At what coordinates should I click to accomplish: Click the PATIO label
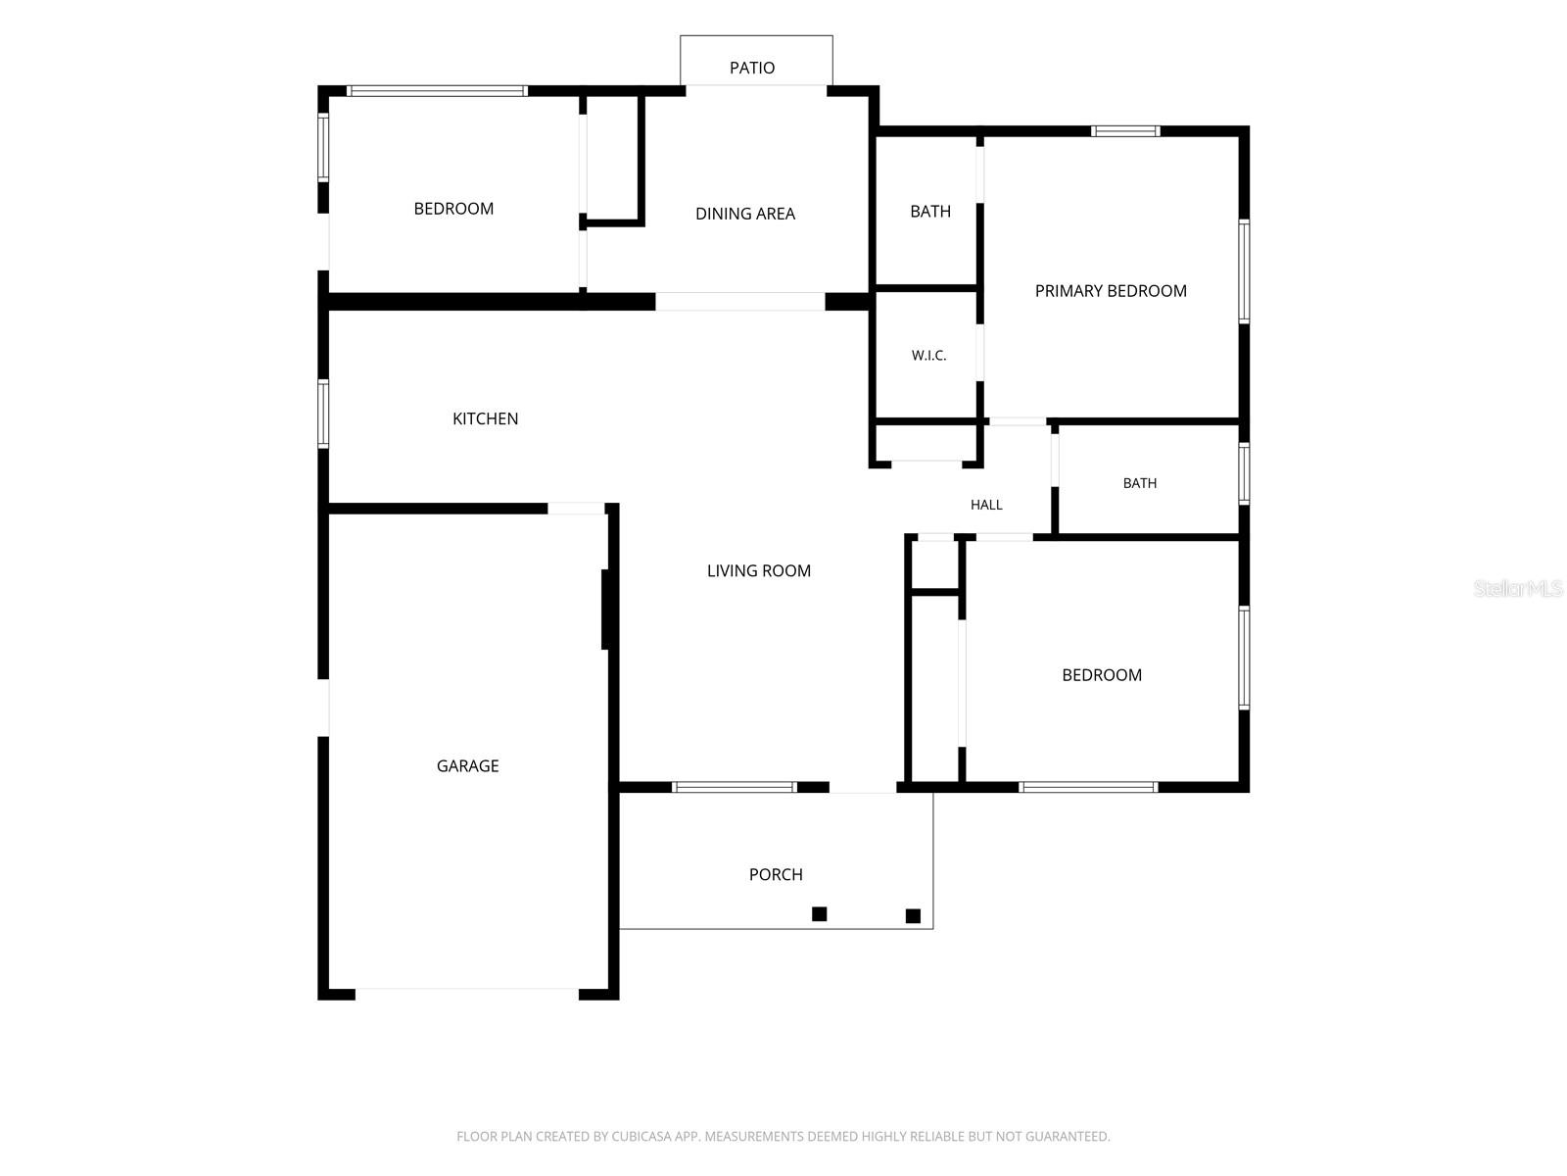pyautogui.click(x=752, y=68)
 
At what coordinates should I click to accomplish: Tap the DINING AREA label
pyautogui.click(x=744, y=214)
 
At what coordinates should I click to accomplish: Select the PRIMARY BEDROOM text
pyautogui.click(x=1110, y=291)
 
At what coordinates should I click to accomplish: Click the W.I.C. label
pyautogui.click(x=928, y=356)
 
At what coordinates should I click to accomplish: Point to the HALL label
pyautogui.click(x=986, y=505)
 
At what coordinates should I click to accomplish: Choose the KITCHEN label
pyautogui.click(x=485, y=418)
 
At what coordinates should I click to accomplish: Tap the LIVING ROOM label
pyautogui.click(x=758, y=570)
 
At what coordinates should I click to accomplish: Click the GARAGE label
pyautogui.click(x=467, y=765)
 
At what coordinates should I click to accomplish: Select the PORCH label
pyautogui.click(x=776, y=874)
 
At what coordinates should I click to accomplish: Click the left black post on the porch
pyautogui.click(x=819, y=913)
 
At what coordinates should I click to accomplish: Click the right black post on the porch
pyautogui.click(x=913, y=915)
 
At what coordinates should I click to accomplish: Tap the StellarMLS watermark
pyautogui.click(x=1518, y=588)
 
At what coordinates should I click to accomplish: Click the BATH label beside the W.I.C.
pyautogui.click(x=930, y=212)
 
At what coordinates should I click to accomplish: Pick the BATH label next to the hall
pyautogui.click(x=1139, y=483)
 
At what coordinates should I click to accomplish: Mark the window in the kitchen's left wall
pyautogui.click(x=323, y=414)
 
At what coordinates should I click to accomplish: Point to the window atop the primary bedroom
pyautogui.click(x=1125, y=130)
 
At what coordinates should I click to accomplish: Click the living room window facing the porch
pyautogui.click(x=734, y=787)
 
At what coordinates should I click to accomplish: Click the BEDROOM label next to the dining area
pyautogui.click(x=453, y=209)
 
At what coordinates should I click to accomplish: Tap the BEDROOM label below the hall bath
pyautogui.click(x=1102, y=675)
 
